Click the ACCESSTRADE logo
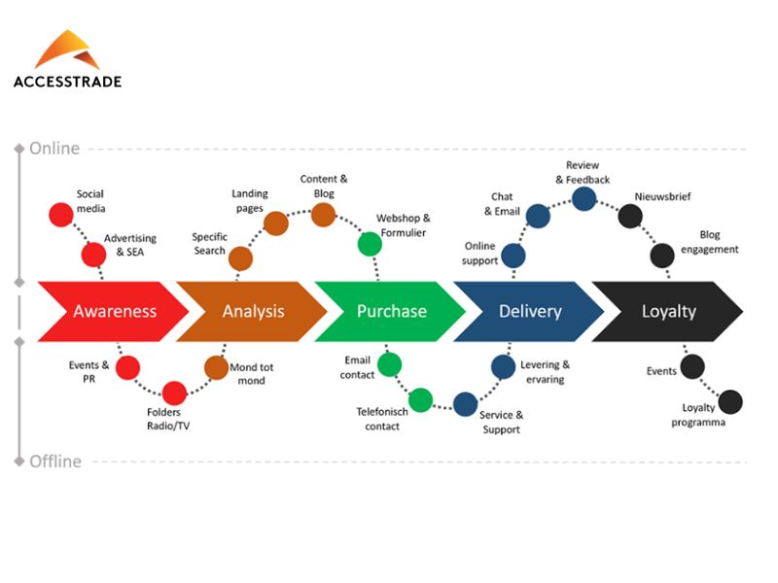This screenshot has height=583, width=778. (67, 59)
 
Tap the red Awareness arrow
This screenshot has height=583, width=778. (112, 311)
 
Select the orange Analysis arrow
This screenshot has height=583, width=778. (251, 311)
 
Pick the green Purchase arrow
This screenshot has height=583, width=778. (390, 311)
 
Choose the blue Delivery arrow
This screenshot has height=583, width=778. (529, 311)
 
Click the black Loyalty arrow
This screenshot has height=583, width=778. (667, 311)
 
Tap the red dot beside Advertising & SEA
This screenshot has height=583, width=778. (93, 255)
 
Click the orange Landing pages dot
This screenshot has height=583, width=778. (276, 223)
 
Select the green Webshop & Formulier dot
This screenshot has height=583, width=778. (370, 243)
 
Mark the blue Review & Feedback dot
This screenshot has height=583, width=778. (583, 198)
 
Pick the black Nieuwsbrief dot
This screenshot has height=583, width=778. (630, 216)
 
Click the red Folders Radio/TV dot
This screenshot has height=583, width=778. (174, 393)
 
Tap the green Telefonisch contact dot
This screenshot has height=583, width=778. (420, 399)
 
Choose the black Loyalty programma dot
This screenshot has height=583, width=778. (729, 401)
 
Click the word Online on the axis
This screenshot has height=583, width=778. (54, 149)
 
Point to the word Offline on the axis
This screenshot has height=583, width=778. (54, 461)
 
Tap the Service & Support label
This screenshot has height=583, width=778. (502, 422)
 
